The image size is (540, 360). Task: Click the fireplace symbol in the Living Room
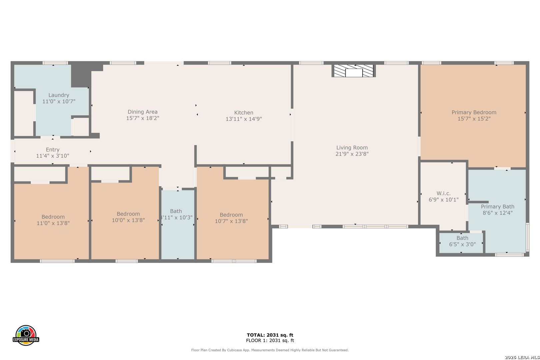tap(354, 71)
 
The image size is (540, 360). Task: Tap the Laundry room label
tap(59, 95)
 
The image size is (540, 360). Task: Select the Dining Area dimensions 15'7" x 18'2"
tap(143, 118)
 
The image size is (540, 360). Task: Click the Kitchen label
tap(244, 113)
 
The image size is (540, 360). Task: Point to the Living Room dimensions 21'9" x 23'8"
tap(352, 154)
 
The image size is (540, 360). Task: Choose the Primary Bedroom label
tap(474, 112)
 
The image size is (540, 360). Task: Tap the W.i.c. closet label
tap(444, 193)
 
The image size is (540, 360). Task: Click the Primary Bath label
tap(498, 207)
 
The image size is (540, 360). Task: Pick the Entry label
tap(53, 150)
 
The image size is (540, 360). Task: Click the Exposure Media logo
tap(26, 335)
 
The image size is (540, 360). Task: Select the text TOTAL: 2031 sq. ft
tap(270, 335)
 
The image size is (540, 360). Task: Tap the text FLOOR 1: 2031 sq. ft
tap(270, 340)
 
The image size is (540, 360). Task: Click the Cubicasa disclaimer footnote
tap(270, 350)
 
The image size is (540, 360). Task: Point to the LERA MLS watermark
tap(522, 357)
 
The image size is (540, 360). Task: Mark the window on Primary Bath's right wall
tap(528, 237)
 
